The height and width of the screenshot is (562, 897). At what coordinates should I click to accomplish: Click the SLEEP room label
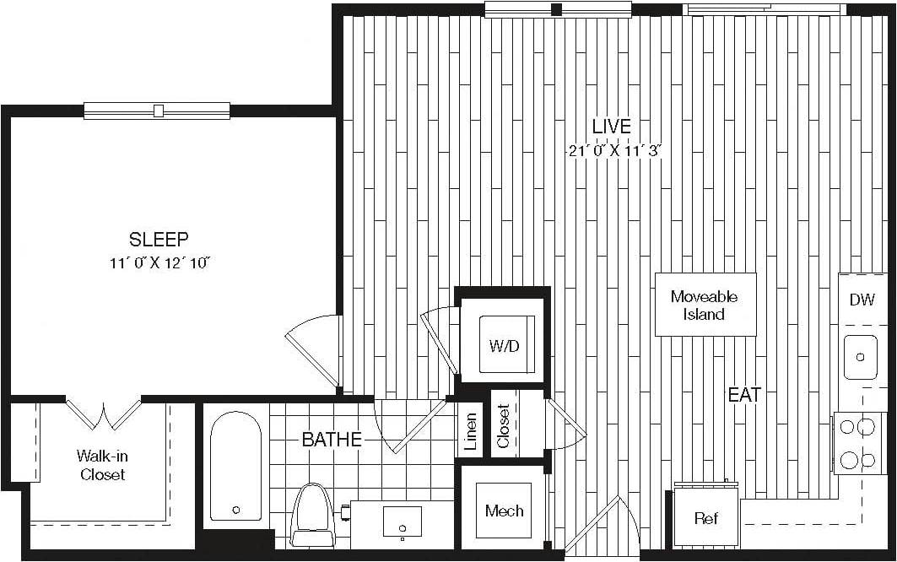coord(158,238)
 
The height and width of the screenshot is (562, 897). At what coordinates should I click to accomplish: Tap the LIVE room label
coord(611,126)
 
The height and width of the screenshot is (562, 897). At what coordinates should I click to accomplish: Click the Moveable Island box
coord(705,305)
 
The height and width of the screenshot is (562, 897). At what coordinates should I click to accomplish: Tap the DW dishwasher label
coord(862,300)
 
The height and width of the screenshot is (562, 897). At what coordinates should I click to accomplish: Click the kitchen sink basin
coord(861,357)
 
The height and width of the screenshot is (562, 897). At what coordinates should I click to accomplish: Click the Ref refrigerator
coord(705,516)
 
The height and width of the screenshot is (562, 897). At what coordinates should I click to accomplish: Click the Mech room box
coord(504,511)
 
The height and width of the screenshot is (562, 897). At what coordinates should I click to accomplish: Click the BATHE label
coord(332,439)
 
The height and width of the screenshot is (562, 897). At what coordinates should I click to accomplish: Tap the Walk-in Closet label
coord(102,465)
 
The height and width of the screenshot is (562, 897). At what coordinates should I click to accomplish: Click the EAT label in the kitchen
coord(745,394)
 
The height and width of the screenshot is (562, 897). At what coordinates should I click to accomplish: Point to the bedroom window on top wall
coord(157,110)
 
